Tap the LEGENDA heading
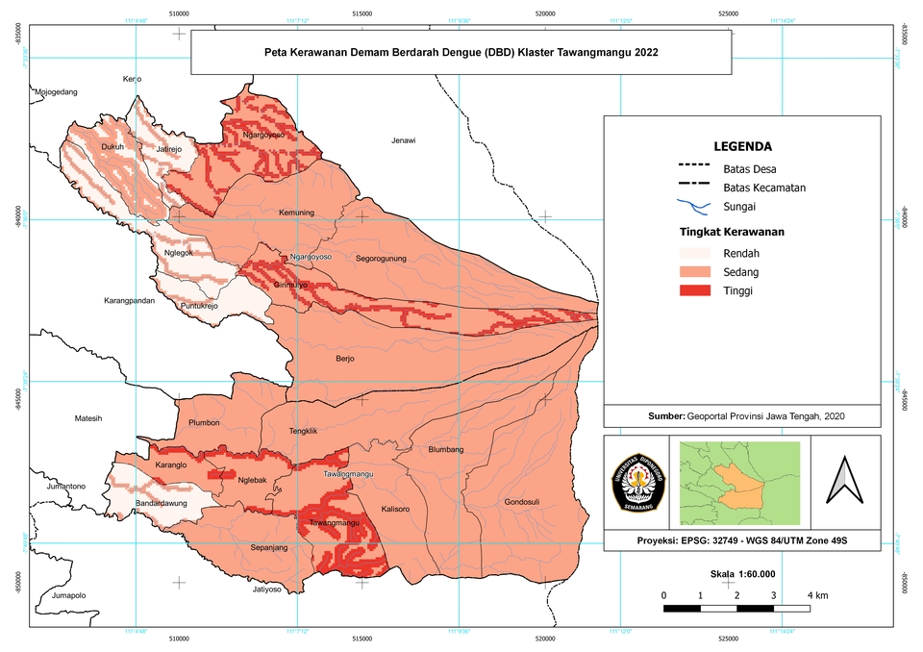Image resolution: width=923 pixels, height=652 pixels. pyautogui.click(x=741, y=147)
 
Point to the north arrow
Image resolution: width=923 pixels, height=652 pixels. pyautogui.click(x=842, y=479)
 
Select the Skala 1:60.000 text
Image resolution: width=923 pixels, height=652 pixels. pyautogui.click(x=742, y=573)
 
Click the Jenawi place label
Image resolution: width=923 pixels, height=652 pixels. pyautogui.click(x=404, y=140)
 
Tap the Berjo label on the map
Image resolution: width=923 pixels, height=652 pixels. pyautogui.click(x=345, y=359)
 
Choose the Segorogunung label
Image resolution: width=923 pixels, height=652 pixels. pyautogui.click(x=382, y=258)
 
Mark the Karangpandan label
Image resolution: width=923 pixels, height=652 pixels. pyautogui.click(x=130, y=301)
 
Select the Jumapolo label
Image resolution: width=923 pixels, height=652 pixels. pyautogui.click(x=69, y=595)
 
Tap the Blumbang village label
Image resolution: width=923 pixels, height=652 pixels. pyautogui.click(x=445, y=449)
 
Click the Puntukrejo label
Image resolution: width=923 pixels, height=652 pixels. pyautogui.click(x=200, y=306)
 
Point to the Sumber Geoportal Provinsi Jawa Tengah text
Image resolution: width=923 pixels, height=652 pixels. pyautogui.click(x=741, y=415)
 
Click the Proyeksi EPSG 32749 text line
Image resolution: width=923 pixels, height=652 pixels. pyautogui.click(x=741, y=540)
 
